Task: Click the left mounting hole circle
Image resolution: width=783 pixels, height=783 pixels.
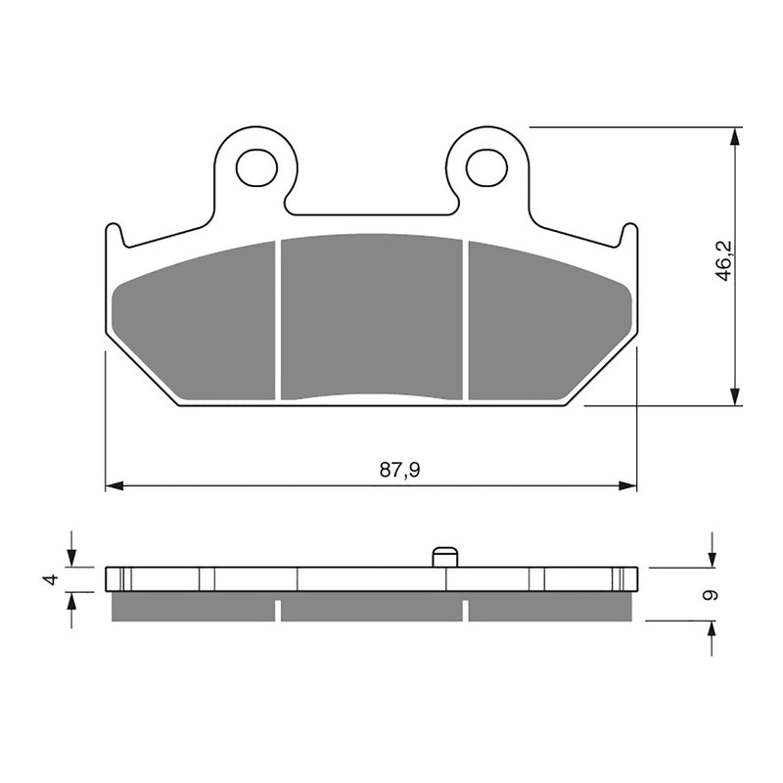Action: (x=256, y=167)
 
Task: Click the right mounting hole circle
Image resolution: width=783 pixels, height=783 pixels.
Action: (x=486, y=167)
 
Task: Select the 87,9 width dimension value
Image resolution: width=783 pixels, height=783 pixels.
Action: (x=399, y=471)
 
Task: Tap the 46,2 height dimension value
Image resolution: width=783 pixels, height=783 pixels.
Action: (x=724, y=265)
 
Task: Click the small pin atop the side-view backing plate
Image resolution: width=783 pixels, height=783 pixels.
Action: (x=445, y=556)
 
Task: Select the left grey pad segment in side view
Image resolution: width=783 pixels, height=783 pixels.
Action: (x=194, y=608)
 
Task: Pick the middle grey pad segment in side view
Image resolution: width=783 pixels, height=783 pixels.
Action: (x=371, y=608)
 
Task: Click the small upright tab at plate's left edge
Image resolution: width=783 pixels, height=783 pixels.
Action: (x=114, y=235)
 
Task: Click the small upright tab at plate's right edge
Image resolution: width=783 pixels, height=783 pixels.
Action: (x=629, y=235)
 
